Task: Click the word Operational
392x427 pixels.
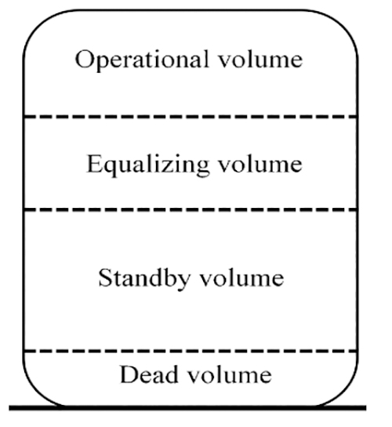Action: point(142,60)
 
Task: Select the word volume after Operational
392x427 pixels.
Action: point(260,59)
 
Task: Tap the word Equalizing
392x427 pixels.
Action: point(148,165)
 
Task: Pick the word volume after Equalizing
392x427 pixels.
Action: point(260,164)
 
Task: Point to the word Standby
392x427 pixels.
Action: point(144,279)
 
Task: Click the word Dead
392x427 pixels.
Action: point(149,374)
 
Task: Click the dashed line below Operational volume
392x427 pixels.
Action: point(191,117)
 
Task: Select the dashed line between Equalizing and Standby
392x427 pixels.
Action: point(191,210)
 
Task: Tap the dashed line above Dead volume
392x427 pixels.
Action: point(191,352)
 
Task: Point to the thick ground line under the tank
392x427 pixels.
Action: point(187,407)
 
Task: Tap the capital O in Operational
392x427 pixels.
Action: point(85,59)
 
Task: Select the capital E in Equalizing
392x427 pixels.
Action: point(94,164)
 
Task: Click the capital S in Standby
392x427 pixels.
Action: point(104,277)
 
